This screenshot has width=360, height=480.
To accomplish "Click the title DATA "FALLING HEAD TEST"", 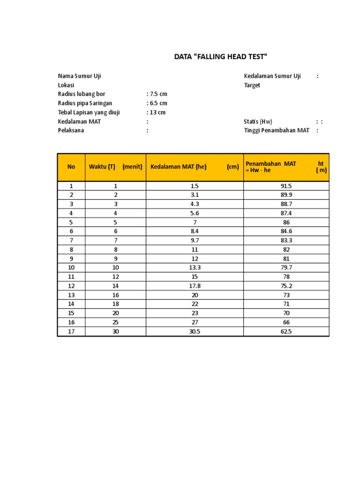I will [x=220, y=57].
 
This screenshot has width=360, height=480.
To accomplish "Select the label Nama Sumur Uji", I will [x=79, y=76].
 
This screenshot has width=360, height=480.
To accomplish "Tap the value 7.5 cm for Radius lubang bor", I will [x=157, y=94].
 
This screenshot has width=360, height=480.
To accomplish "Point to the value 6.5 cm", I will [x=157, y=103].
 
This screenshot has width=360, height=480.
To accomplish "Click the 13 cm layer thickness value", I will [x=157, y=112].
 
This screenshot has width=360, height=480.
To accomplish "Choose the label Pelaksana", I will [x=71, y=130].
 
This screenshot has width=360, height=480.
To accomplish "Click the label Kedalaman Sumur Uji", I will [x=272, y=76].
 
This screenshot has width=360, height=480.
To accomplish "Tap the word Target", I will [x=252, y=85].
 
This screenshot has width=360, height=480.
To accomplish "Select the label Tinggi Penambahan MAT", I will [x=277, y=130].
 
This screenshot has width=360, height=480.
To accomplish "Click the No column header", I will [x=71, y=167].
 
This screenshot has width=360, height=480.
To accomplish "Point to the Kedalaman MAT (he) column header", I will [x=179, y=167].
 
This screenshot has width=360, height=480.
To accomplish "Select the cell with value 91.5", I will [x=286, y=186].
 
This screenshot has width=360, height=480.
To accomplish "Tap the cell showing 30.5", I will [x=195, y=331].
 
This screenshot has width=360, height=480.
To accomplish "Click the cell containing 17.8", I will [x=195, y=286].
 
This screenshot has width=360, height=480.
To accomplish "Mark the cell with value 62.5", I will [x=286, y=331].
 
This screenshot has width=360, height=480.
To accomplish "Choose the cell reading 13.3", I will [x=195, y=268].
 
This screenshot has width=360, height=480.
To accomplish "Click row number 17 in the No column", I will [x=71, y=331].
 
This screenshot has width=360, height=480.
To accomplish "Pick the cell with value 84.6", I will [x=286, y=232].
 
